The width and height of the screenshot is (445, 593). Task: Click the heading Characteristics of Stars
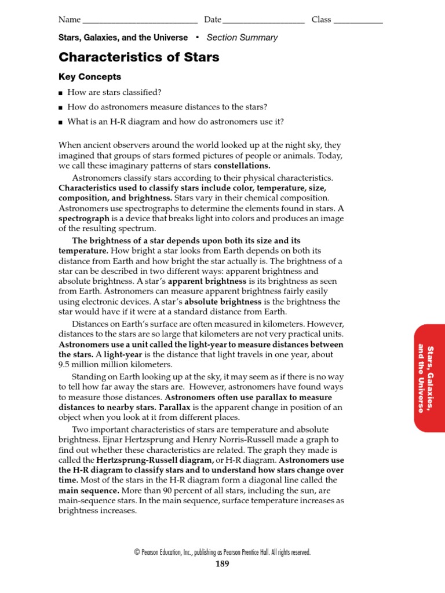tap(138, 57)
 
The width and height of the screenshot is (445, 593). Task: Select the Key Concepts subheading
tap(90, 77)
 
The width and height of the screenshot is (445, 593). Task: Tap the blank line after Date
tap(264, 20)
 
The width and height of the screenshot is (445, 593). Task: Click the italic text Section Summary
tap(242, 38)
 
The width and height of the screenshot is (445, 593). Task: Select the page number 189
tap(222, 564)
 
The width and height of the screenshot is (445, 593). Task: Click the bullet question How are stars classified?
tap(114, 93)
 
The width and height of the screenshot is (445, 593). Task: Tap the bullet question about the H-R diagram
tap(176, 122)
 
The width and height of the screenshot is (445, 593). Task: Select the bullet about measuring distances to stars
tap(167, 107)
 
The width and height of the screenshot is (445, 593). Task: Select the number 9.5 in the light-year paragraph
tap(64, 365)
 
